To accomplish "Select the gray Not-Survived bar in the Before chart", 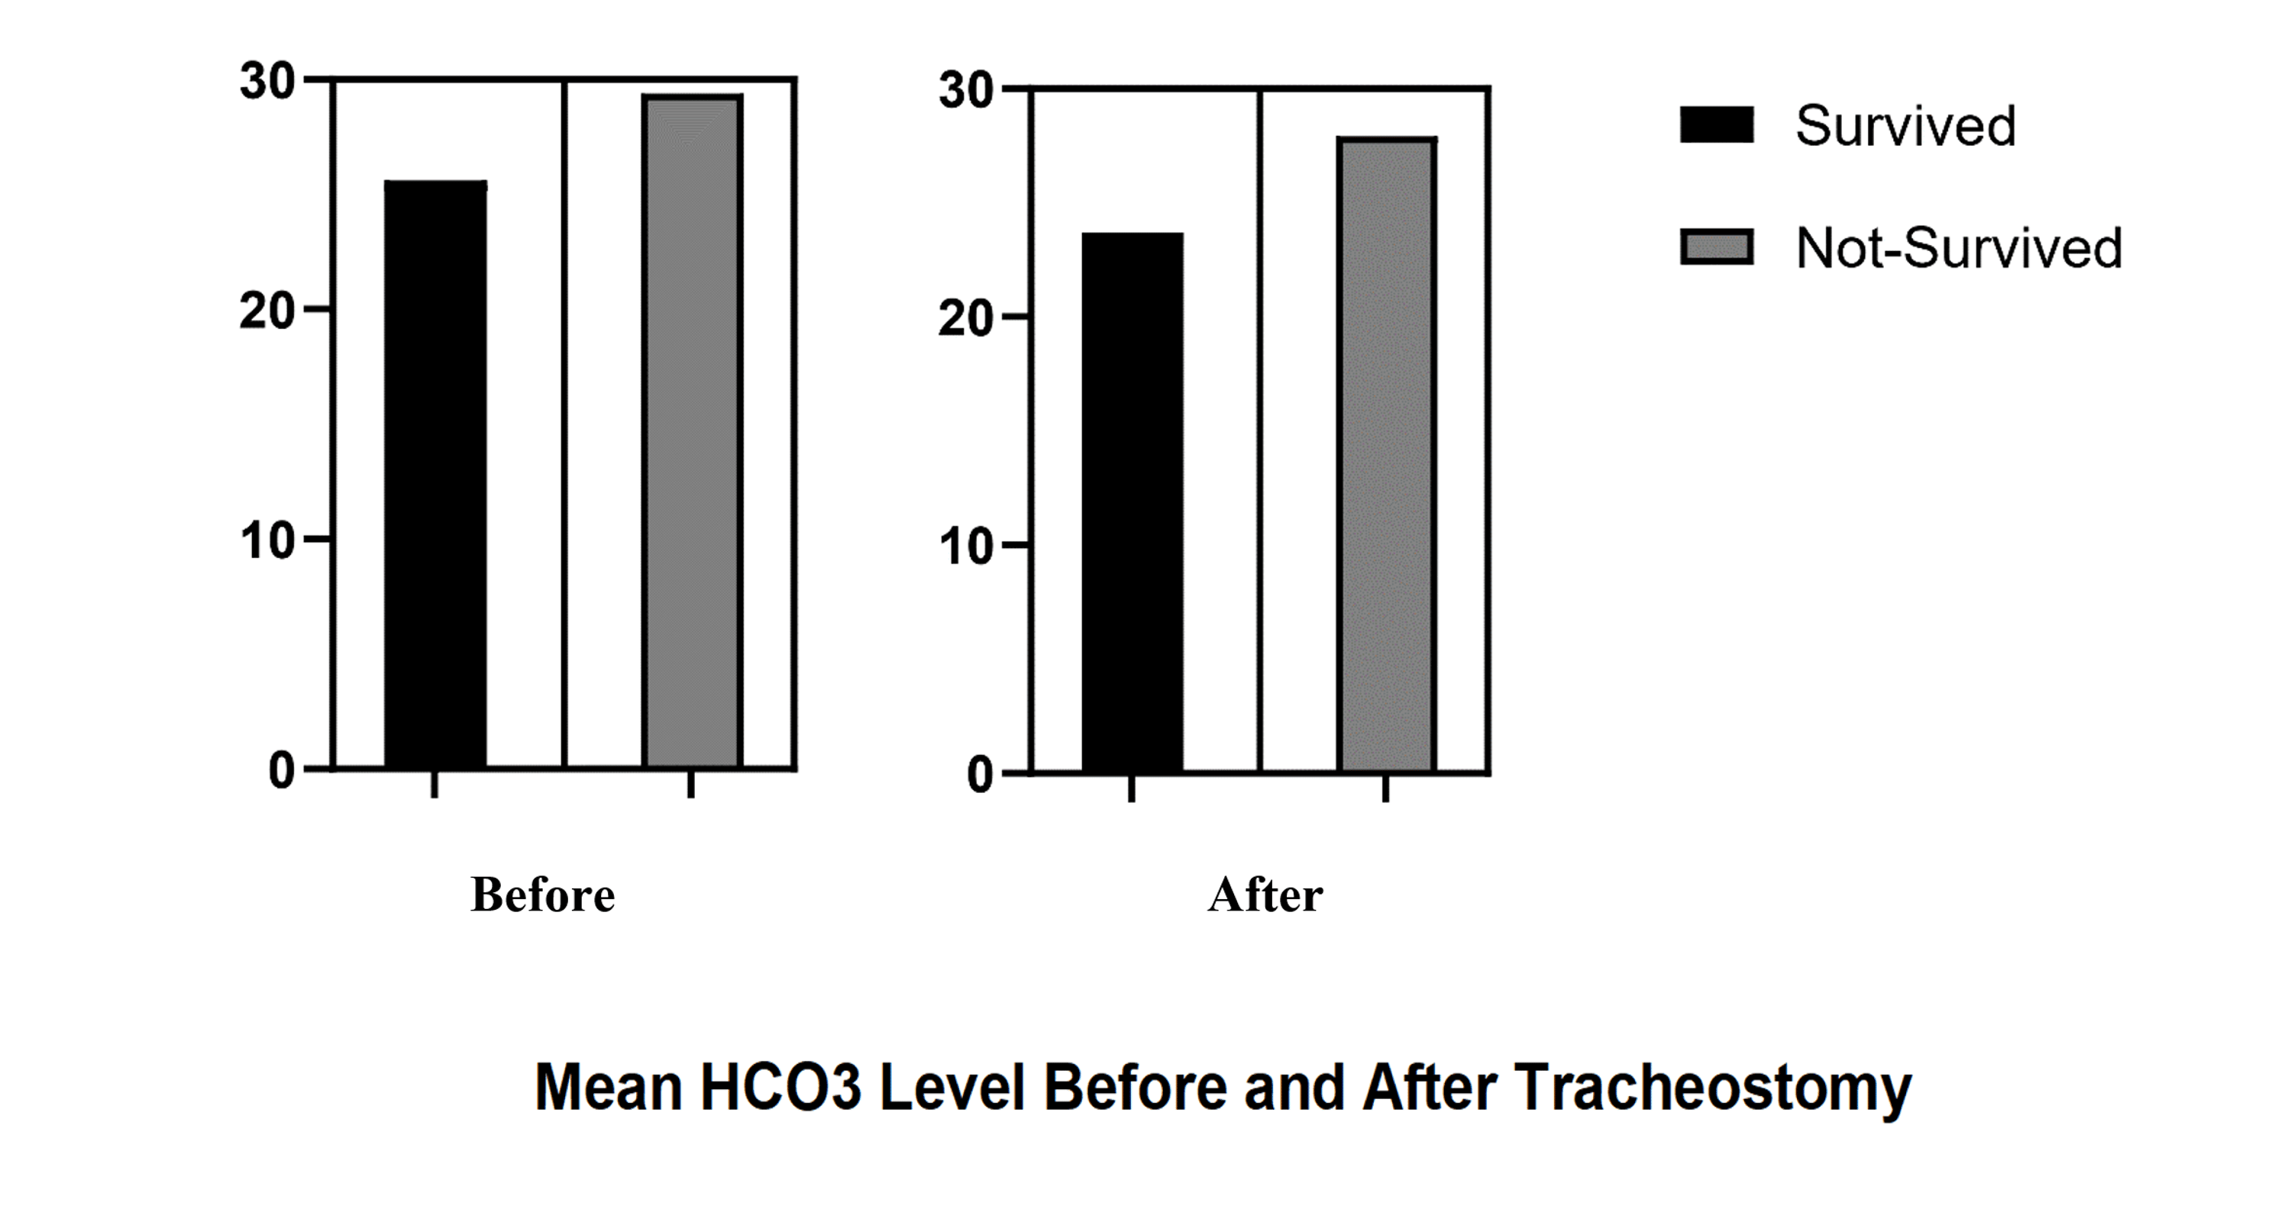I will click(x=692, y=431).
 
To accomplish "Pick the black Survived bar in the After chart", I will click(x=1133, y=502).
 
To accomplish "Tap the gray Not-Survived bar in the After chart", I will click(x=1387, y=455).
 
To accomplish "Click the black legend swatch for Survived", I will click(x=1717, y=125).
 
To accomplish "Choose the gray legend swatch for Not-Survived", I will click(x=1717, y=247).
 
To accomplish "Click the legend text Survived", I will click(x=1906, y=126).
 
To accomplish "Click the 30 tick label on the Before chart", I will click(x=267, y=82).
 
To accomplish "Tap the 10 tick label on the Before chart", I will click(x=267, y=540).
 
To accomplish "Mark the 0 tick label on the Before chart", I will click(x=281, y=770).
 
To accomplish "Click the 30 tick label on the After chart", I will click(x=966, y=92).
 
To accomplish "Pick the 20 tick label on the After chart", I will click(x=966, y=318).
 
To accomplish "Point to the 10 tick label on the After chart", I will click(x=966, y=546).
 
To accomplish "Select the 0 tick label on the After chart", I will click(x=979, y=775).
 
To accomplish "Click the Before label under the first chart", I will click(x=542, y=895).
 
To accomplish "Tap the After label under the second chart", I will click(x=1265, y=895).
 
